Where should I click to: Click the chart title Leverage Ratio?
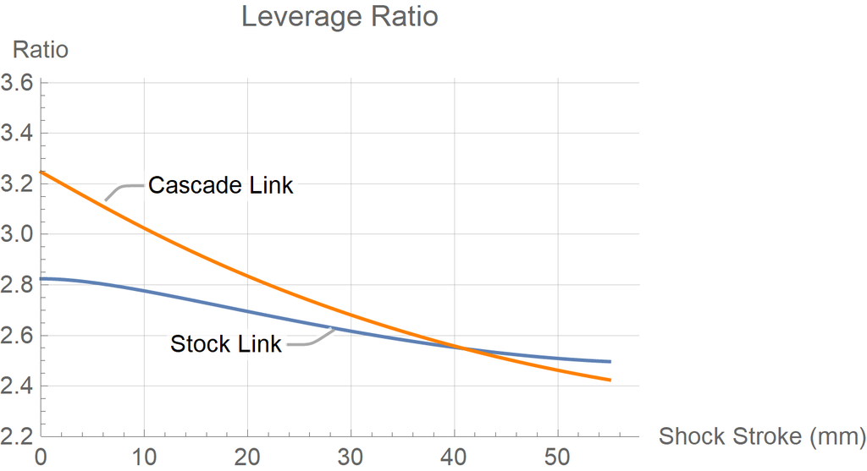tap(340, 17)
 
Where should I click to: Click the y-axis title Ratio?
tap(40, 50)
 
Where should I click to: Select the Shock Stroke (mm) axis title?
tap(762, 436)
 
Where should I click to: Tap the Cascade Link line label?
tap(220, 185)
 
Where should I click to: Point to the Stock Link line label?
tap(225, 345)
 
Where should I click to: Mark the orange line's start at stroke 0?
tap(41, 173)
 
